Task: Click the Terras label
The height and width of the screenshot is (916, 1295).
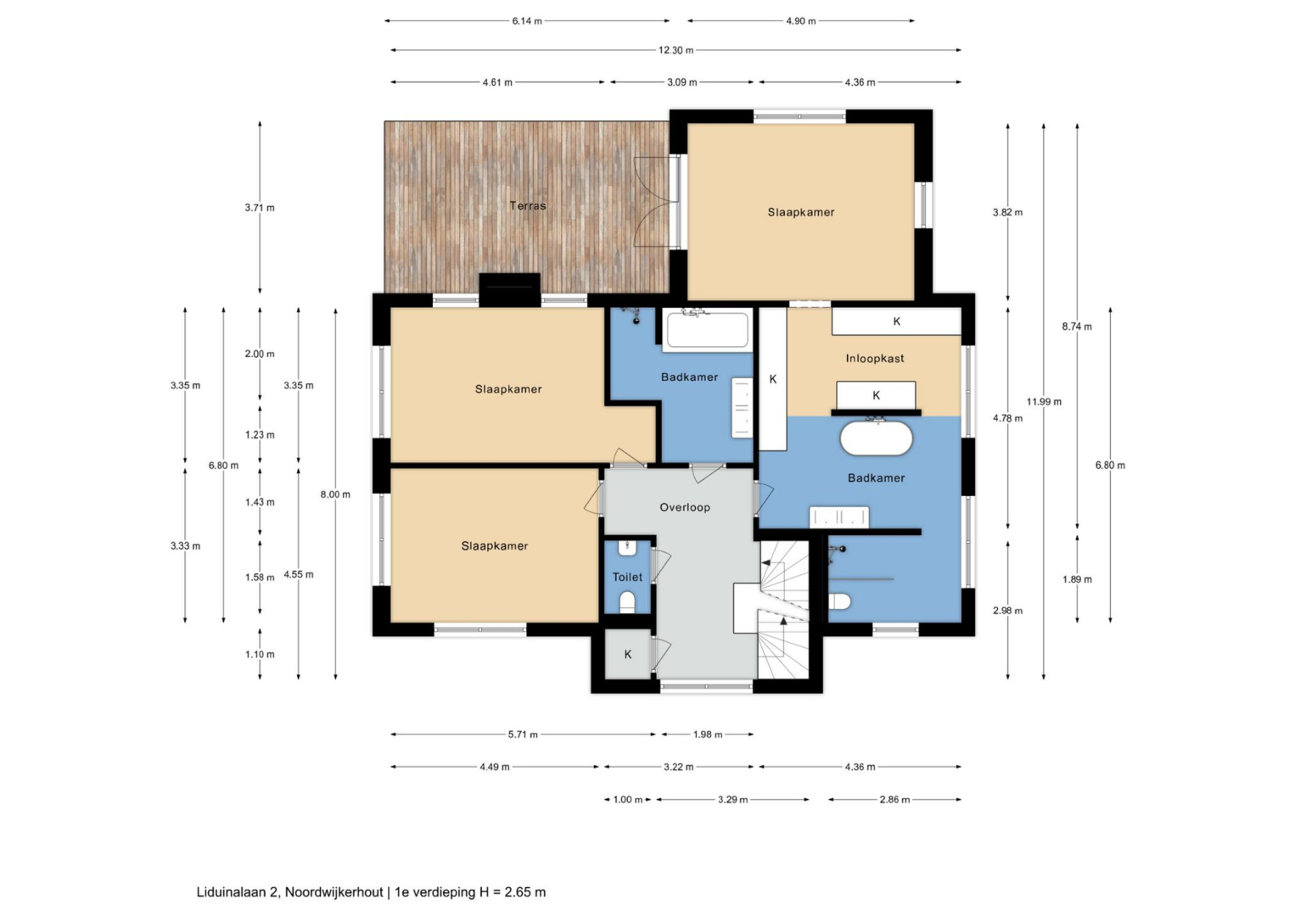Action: [527, 206]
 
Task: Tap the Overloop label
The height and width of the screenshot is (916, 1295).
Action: [685, 507]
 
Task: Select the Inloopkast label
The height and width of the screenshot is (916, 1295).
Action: [875, 358]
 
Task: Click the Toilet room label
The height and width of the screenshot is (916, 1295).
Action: [627, 577]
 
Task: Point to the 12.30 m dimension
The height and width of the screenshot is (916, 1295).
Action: [676, 50]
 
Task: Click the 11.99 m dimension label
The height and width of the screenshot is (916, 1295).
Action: [1044, 402]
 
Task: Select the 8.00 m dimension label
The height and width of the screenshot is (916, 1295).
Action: [335, 494]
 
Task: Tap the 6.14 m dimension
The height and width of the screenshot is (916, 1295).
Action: [527, 21]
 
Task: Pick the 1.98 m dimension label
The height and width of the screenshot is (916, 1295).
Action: [708, 734]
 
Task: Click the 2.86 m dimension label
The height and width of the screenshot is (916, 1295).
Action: [894, 800]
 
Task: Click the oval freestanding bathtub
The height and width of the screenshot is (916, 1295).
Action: [876, 438]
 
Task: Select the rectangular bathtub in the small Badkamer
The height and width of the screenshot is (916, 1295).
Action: [708, 330]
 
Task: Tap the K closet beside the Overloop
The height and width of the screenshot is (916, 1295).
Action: [628, 654]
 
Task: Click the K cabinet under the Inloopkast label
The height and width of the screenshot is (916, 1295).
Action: [876, 396]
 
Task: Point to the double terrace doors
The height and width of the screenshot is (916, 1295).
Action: [656, 202]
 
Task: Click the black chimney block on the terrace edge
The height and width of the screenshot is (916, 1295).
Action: [510, 289]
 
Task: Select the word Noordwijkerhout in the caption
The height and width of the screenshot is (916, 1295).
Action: [334, 892]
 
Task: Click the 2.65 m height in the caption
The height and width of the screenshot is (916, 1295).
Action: [525, 892]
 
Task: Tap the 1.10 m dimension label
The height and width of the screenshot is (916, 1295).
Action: [260, 655]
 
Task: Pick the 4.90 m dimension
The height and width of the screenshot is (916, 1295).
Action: [801, 21]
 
